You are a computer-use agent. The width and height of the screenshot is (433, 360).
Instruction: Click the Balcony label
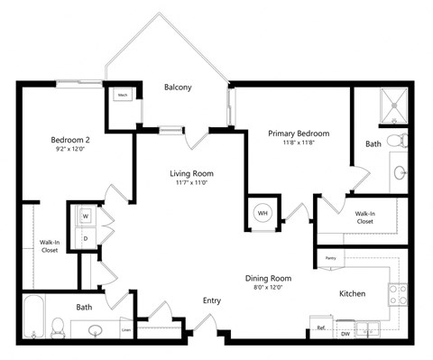point(178,88)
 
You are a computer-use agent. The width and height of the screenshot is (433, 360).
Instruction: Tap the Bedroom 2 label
point(69,140)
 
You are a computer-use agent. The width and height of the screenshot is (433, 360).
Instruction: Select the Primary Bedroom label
point(299,134)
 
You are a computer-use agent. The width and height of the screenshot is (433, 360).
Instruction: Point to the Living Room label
point(189,173)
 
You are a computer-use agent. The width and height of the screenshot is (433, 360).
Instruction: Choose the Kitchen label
point(352,294)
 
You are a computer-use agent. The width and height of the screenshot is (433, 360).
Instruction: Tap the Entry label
point(212,300)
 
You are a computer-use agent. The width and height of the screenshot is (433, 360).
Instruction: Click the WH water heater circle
point(263,213)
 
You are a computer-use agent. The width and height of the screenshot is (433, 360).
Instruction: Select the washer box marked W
point(86,217)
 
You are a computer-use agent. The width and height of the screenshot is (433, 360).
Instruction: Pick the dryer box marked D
point(86,237)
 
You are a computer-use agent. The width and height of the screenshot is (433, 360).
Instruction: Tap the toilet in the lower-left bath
point(59,327)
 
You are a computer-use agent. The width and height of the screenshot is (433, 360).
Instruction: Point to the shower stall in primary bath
point(393,106)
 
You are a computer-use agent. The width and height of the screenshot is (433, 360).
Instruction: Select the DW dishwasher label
point(346,333)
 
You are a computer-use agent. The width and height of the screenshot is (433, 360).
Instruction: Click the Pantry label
point(330,258)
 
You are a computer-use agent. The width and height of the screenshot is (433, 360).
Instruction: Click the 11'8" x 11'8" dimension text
point(299,143)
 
